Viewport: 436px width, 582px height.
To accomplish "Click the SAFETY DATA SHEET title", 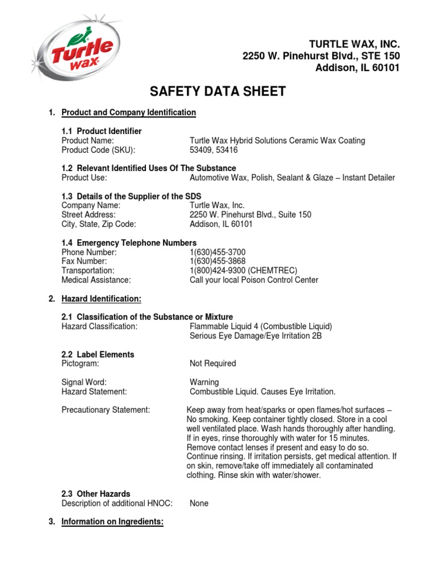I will click(217, 92).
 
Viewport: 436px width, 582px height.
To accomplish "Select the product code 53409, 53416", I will click(213, 150).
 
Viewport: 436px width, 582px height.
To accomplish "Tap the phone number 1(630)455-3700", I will click(217, 252).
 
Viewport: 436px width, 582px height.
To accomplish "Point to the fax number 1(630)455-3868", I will click(217, 261).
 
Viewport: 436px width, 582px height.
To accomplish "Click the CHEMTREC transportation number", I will click(243, 271).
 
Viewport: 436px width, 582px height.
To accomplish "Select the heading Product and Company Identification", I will click(128, 113).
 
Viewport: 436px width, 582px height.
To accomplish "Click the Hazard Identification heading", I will click(101, 298).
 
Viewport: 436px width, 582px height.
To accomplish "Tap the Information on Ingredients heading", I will click(112, 522).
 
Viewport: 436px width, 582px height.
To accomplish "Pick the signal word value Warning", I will click(204, 382).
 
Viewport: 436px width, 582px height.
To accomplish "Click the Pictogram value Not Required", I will click(212, 363).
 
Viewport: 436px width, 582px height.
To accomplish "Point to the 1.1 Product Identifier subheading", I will click(102, 131).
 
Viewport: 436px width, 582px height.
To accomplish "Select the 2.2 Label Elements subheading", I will click(98, 354).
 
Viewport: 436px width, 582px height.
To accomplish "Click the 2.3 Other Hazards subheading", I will click(95, 494).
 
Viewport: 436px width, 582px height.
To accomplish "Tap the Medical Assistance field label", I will click(96, 280).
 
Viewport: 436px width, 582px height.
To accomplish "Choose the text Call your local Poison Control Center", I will click(254, 280).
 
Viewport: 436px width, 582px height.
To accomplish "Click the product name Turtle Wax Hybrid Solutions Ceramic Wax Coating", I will click(277, 140).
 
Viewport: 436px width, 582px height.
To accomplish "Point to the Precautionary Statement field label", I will click(106, 410).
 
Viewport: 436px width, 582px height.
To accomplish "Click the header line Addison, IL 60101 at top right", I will click(357, 68).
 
